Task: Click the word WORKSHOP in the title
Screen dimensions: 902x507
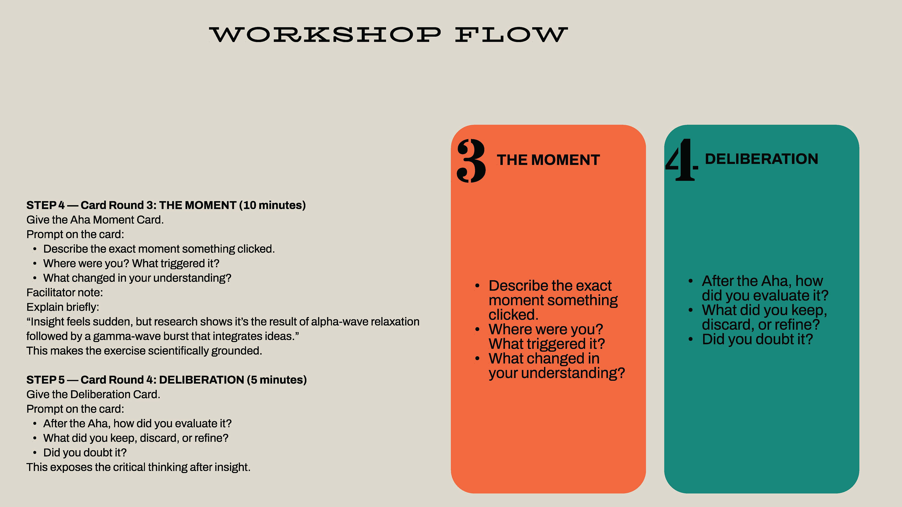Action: (325, 35)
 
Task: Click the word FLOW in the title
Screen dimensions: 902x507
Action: (511, 35)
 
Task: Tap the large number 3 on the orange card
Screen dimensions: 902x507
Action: (471, 161)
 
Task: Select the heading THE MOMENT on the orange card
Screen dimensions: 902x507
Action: (548, 160)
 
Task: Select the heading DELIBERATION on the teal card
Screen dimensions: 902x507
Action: (762, 159)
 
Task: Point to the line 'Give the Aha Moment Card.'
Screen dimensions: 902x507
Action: (95, 220)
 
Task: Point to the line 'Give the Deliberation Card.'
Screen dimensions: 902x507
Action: (93, 394)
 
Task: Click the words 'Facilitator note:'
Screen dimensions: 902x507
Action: (64, 292)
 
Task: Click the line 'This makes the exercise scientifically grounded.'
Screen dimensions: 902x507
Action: (144, 351)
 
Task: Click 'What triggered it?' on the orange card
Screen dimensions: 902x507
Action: (547, 344)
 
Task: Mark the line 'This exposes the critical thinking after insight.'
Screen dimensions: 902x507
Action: (138, 467)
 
